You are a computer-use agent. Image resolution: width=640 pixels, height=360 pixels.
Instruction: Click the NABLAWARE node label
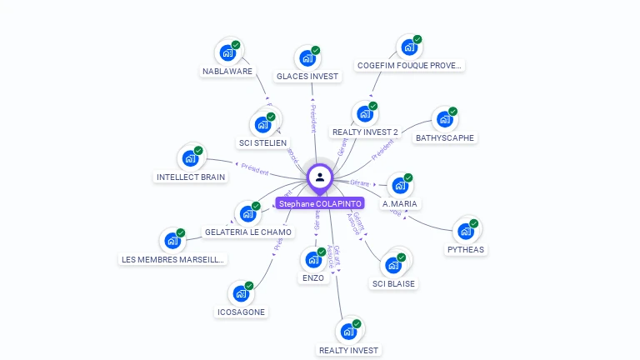(227, 71)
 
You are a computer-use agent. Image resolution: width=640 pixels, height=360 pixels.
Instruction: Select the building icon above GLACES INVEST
(307, 58)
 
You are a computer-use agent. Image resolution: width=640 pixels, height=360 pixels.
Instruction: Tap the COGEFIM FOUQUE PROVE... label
(409, 65)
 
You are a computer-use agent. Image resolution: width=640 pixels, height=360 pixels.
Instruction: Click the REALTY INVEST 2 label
(365, 132)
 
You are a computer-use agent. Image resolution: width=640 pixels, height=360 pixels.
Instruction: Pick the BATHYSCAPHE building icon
(445, 119)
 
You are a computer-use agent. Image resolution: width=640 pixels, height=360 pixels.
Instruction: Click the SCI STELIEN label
(262, 142)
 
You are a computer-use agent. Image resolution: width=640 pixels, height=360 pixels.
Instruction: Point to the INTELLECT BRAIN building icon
(190, 157)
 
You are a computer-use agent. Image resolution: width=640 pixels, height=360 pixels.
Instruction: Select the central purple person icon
(320, 177)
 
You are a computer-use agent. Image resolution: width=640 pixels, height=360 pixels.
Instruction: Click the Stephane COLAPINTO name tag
(320, 203)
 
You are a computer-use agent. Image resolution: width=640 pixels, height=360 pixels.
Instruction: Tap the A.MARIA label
(400, 203)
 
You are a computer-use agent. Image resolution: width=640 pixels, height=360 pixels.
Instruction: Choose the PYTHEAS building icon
(465, 231)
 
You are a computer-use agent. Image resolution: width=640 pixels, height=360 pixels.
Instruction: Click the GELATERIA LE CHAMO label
(248, 232)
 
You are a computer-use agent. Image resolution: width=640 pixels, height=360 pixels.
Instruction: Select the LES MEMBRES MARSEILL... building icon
(172, 241)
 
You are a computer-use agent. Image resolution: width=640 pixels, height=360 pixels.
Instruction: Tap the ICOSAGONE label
(241, 312)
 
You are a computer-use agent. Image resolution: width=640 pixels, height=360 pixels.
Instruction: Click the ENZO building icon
(313, 260)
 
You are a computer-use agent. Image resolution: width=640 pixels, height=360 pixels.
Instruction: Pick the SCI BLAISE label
(393, 283)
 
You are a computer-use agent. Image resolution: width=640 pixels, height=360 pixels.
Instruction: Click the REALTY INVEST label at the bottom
(348, 350)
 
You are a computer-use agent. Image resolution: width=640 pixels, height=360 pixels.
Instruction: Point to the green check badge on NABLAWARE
(236, 45)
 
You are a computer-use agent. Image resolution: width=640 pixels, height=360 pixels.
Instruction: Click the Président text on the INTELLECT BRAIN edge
(253, 170)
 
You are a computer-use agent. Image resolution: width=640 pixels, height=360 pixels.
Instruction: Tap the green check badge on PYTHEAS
(473, 223)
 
